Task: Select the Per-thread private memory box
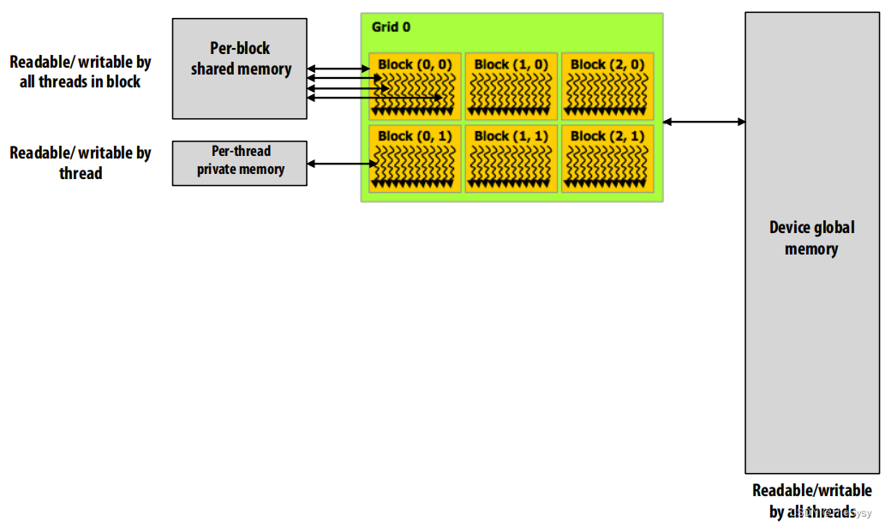pos(239,162)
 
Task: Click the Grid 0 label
pos(391,27)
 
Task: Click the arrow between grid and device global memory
pos(704,122)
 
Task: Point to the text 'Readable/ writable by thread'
pos(81,163)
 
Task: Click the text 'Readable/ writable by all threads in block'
pos(81,72)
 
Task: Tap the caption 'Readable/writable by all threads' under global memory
pos(812,501)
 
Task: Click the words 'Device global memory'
pos(811,238)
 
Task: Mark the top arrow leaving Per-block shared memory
pos(338,68)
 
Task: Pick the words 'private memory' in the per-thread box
pos(241,170)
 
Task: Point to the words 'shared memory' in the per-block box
pos(241,69)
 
